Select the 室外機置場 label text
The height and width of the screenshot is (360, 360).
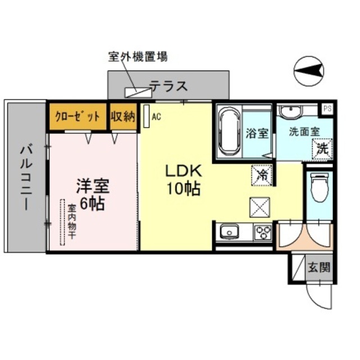[x=137, y=57]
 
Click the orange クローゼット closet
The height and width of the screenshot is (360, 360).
[x=78, y=116]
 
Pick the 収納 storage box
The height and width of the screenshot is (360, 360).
[x=123, y=116]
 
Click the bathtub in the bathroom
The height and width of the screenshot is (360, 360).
[x=229, y=132]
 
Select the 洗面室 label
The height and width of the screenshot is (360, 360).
[x=304, y=132]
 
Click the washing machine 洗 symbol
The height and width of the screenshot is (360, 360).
[x=322, y=150]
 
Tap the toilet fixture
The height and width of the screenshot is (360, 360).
[x=319, y=189]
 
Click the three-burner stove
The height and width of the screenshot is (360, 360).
[x=262, y=232]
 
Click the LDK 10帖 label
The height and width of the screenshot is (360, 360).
[x=182, y=180]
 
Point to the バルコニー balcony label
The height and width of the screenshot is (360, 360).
[x=25, y=177]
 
